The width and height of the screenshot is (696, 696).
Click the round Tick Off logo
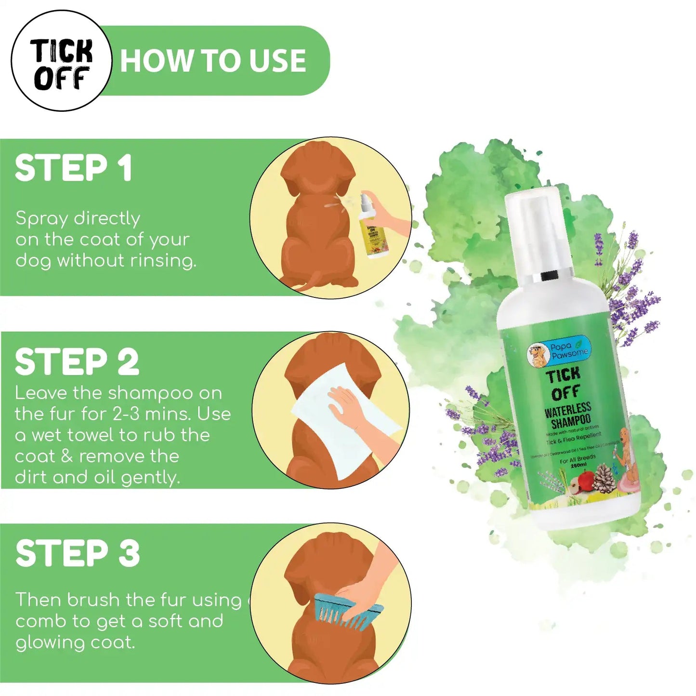tap(61, 61)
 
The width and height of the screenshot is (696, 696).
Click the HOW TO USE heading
tap(213, 61)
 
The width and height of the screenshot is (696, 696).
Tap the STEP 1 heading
tap(73, 168)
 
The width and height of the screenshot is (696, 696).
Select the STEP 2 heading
tap(77, 362)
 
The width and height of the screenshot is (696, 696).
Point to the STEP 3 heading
tap(78, 553)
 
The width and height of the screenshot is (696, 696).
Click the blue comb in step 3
tap(347, 612)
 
